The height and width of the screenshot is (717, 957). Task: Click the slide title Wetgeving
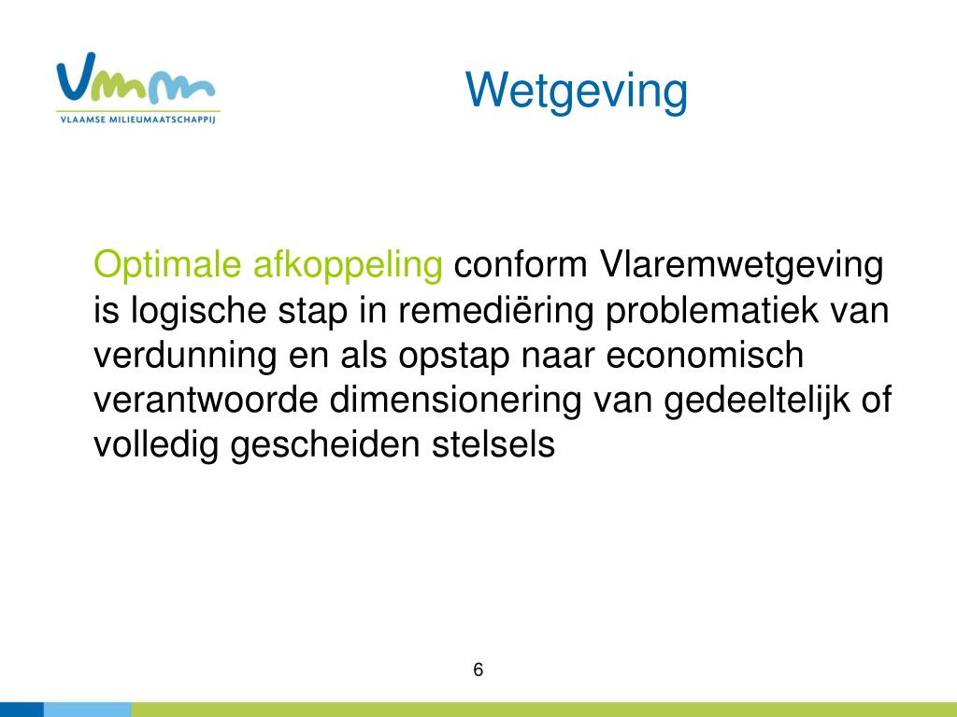[x=576, y=91]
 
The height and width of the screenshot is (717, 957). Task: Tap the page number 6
[x=478, y=669]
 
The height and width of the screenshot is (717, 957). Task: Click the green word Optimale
[x=167, y=265]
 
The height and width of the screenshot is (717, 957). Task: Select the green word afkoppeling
[x=348, y=265]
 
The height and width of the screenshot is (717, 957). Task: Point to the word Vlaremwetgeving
[x=741, y=265]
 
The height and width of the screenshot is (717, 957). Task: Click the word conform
[x=521, y=264]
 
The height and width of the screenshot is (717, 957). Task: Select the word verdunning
[x=185, y=356]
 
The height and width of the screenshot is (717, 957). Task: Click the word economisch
[x=705, y=355]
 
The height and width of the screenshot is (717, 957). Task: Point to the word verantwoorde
[x=206, y=400]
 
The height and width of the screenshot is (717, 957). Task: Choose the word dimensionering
[x=455, y=401]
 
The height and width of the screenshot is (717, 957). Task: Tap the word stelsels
[x=493, y=443]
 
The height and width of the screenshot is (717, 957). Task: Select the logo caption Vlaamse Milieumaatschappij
[x=138, y=119]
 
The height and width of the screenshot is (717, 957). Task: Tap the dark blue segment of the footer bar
[x=22, y=710]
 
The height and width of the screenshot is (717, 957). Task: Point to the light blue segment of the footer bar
[x=88, y=710]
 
